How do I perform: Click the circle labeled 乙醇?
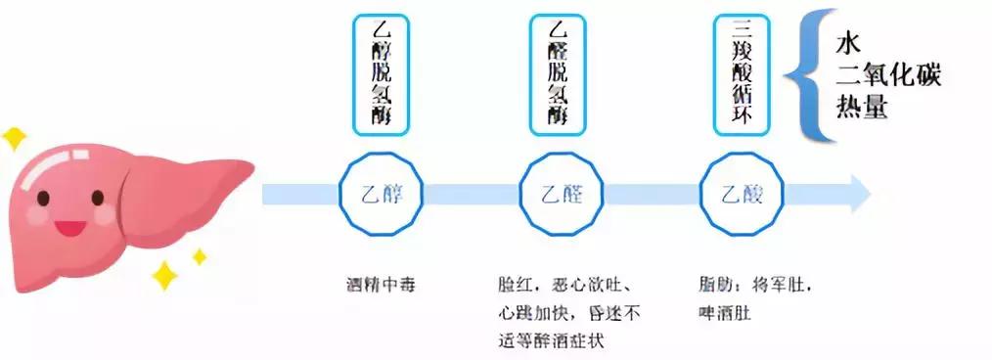point(381,194)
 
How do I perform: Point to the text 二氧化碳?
point(888,74)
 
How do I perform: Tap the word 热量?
point(862,106)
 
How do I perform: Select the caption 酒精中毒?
point(380,287)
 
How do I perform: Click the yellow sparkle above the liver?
point(14,138)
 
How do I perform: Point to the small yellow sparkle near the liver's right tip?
point(199,256)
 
